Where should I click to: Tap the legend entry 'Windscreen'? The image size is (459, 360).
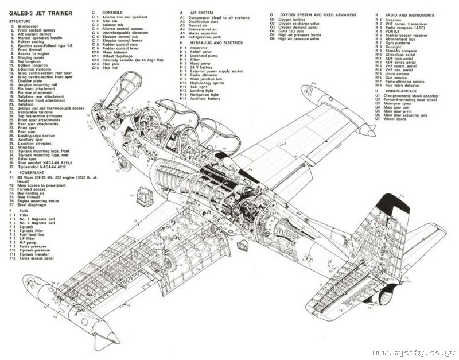click(x=30, y=26)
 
